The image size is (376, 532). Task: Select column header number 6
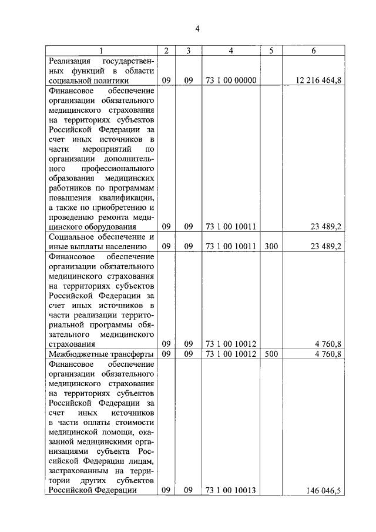(314, 51)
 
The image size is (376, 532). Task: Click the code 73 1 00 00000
(231, 81)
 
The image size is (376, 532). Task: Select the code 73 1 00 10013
(231, 490)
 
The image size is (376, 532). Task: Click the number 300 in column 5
(271, 247)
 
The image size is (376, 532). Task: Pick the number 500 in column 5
(271, 354)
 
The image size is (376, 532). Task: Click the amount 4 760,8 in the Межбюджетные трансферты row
(328, 354)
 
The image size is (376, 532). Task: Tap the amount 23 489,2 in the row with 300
(325, 247)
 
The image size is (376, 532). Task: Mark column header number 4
(231, 51)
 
